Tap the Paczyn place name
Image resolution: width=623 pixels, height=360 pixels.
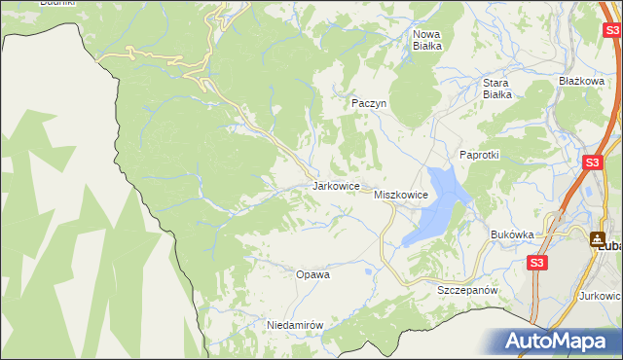pos(370,102)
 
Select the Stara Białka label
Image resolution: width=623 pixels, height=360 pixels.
pos(497,89)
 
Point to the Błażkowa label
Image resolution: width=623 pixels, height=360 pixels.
pos(582,81)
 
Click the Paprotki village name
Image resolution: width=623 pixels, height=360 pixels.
pos(479,156)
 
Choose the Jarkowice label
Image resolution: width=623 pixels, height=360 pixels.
pos(337,185)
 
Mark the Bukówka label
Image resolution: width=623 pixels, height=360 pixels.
pos(513,234)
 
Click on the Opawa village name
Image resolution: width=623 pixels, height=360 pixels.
pos(313,274)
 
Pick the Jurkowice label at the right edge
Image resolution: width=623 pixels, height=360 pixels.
pos(601,295)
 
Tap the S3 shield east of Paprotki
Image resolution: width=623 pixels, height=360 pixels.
pos(592,163)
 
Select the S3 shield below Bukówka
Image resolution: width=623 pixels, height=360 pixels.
pos(537,263)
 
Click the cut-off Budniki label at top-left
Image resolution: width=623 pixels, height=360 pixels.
pos(57,3)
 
